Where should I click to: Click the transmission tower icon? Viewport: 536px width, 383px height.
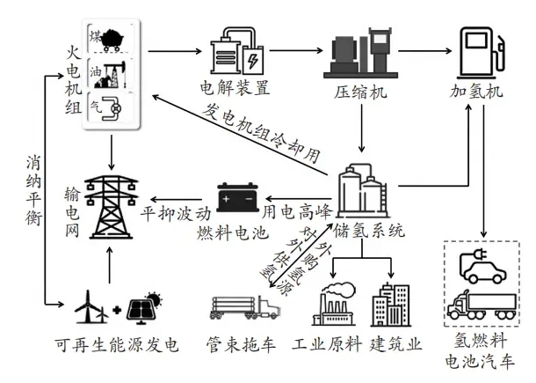pyautogui.click(x=111, y=210)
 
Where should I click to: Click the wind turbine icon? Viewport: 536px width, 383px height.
pyautogui.click(x=91, y=305)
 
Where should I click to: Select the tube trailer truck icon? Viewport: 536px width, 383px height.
pyautogui.click(x=243, y=306)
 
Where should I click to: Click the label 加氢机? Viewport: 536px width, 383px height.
pyautogui.click(x=481, y=90)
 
